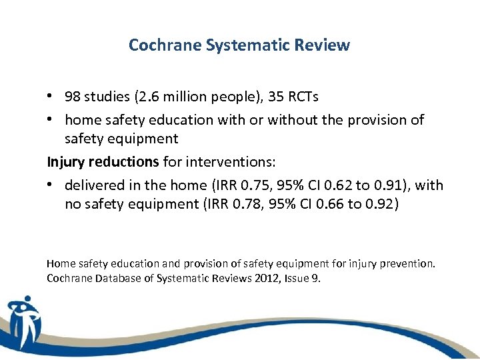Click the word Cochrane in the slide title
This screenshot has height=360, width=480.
[x=159, y=45]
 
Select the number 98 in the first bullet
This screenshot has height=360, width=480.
[x=73, y=97]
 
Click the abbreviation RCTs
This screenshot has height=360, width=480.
[x=303, y=97]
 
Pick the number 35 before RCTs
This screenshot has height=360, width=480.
[x=276, y=97]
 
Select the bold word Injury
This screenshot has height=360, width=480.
[x=65, y=162]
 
